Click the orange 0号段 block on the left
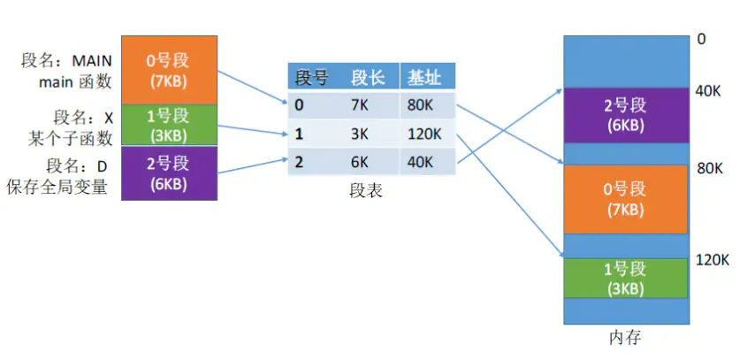168,68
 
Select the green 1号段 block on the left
168,125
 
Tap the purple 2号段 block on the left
168,172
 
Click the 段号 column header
311,78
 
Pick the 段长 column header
368,78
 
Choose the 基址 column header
424,78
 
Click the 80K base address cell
420,105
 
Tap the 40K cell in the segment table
420,162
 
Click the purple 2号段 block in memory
626,115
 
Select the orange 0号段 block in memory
626,199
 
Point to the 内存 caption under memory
624,337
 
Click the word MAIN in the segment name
92,60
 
